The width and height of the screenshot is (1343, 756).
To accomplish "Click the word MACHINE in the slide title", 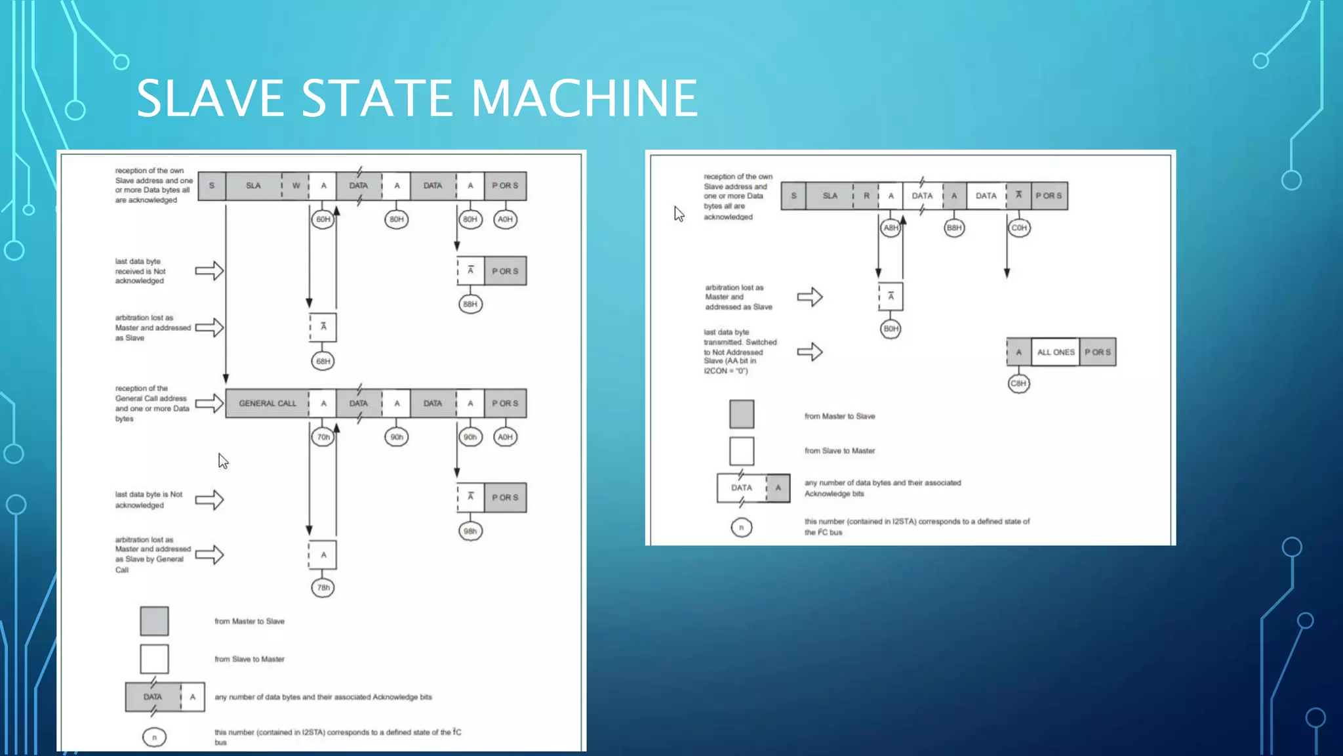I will click(584, 98).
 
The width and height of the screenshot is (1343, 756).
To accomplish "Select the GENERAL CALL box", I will click(268, 404).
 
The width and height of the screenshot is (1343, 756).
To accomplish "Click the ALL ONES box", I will click(1055, 352).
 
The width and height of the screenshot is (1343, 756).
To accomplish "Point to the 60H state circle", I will click(323, 219).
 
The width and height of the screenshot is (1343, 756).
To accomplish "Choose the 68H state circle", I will click(323, 361).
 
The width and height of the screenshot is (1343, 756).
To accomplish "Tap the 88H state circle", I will click(470, 304).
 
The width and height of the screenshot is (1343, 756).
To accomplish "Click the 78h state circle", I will click(323, 587).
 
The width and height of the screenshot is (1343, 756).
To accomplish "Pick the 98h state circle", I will click(470, 531).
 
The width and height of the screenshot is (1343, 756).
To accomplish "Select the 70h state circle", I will click(323, 437).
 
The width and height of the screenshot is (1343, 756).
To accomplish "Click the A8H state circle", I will click(890, 228).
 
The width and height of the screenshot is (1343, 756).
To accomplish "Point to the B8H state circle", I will click(954, 228).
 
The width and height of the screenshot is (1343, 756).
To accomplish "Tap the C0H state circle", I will click(1018, 228).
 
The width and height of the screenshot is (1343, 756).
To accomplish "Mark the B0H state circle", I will click(891, 329).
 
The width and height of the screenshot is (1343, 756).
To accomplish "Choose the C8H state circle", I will click(1018, 383).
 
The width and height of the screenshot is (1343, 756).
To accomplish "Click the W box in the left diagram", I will click(296, 186).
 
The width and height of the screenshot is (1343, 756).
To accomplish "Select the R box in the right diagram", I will click(866, 196).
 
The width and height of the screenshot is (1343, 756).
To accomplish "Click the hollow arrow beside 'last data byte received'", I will click(210, 271).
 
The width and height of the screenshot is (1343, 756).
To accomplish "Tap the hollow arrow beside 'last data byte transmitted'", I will click(810, 352).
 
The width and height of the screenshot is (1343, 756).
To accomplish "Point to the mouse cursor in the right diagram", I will click(679, 214).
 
